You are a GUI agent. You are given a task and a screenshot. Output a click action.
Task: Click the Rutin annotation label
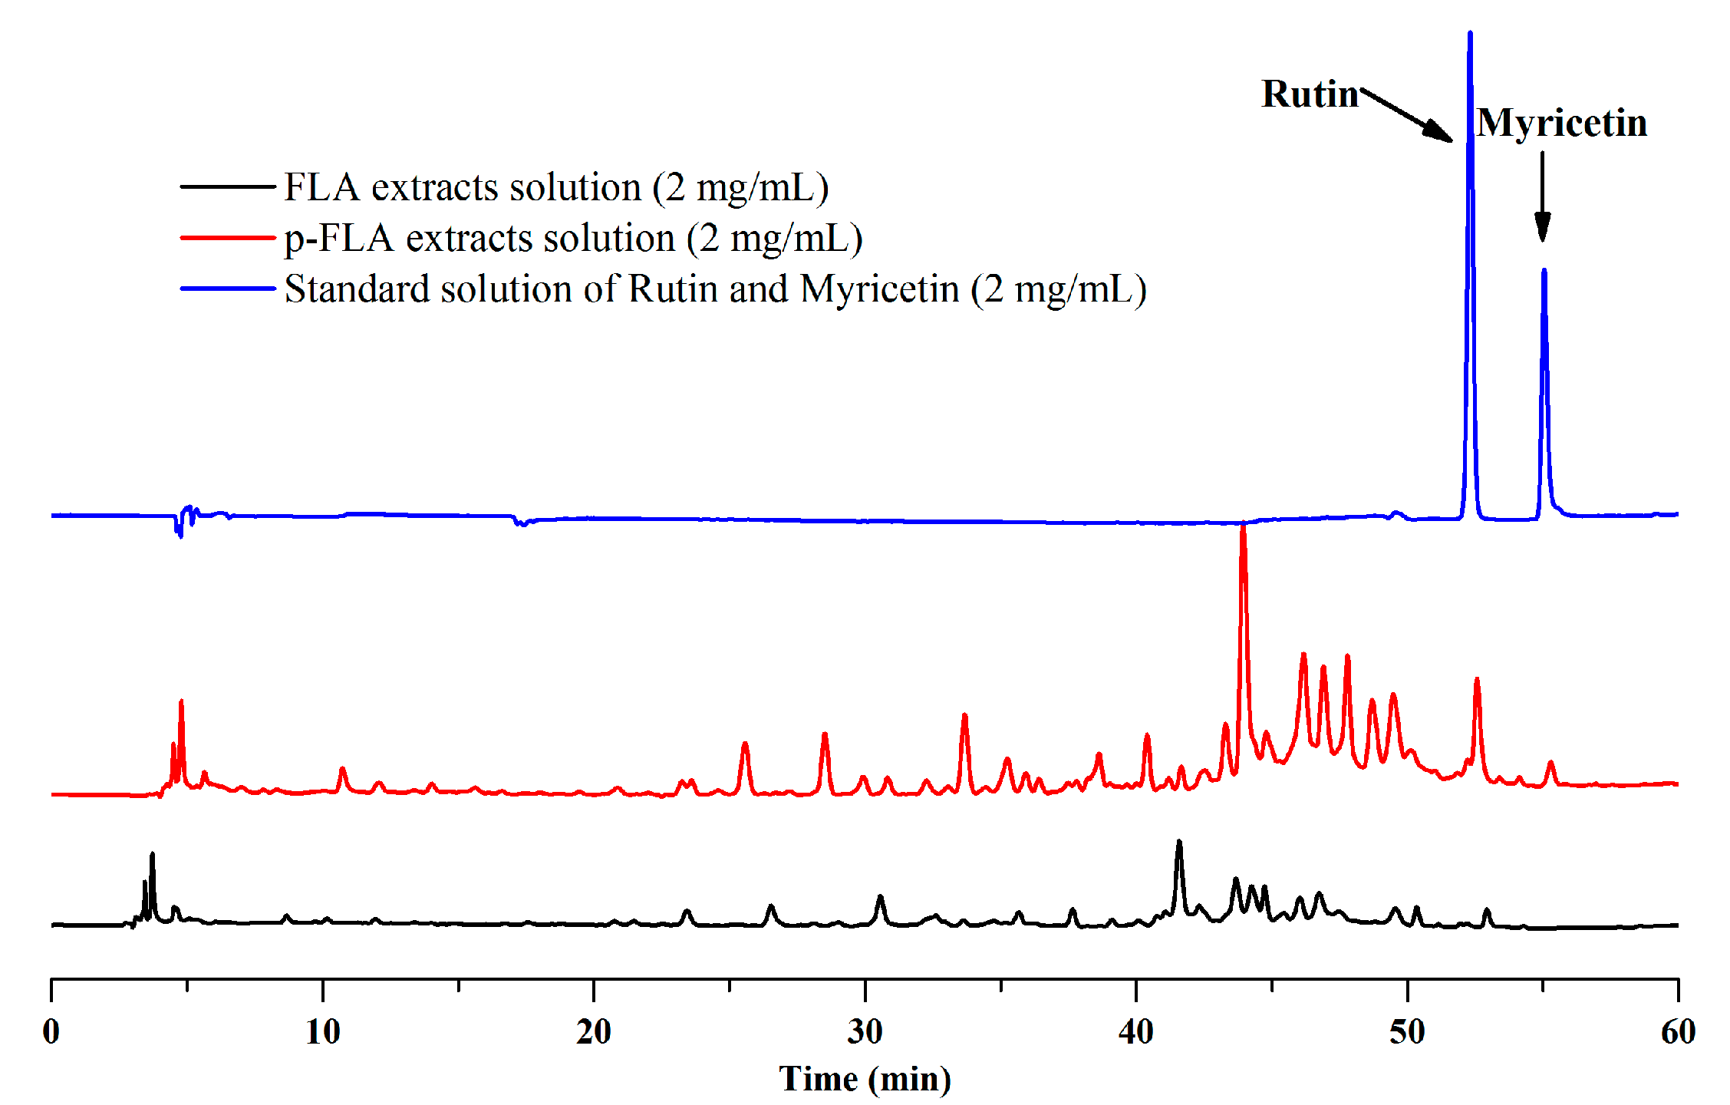click(x=1310, y=94)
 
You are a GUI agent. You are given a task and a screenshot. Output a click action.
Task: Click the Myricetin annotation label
click(x=1561, y=124)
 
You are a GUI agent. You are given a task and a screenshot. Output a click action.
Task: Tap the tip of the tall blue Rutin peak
click(x=1469, y=35)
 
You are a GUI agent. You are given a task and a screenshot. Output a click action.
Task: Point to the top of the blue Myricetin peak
click(x=1544, y=271)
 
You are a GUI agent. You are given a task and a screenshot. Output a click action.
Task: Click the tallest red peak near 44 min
click(x=1243, y=526)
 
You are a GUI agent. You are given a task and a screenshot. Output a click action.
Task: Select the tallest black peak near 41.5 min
click(x=1179, y=843)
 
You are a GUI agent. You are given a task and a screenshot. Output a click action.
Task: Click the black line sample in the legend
click(x=227, y=186)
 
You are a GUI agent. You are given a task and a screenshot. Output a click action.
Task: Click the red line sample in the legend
click(x=227, y=238)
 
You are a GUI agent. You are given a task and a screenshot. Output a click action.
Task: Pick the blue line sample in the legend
click(x=227, y=289)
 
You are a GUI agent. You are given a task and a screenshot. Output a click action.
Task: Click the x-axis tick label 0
click(x=51, y=1032)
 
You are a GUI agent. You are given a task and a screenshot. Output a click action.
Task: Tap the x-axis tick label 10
click(x=322, y=1032)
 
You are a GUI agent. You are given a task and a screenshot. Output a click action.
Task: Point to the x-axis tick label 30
click(x=865, y=1032)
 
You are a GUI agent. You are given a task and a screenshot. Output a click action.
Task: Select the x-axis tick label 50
click(x=1407, y=1032)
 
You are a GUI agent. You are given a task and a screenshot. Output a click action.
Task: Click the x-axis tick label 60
click(x=1678, y=1032)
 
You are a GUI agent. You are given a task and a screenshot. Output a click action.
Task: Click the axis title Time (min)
click(x=865, y=1079)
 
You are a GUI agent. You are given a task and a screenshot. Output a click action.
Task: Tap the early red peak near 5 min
click(x=181, y=702)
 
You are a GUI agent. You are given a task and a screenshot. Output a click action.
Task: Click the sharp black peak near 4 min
click(x=152, y=855)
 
